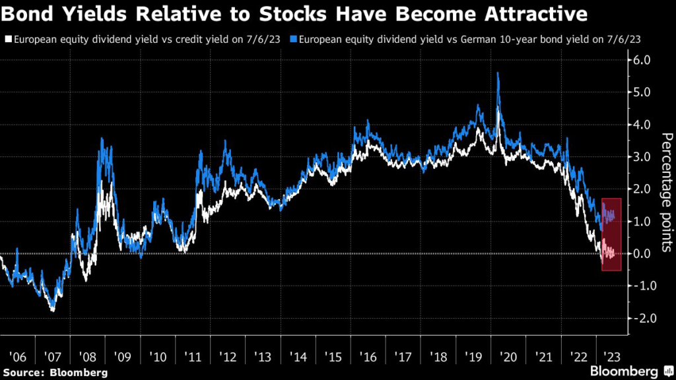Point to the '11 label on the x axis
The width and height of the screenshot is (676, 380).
click(191, 357)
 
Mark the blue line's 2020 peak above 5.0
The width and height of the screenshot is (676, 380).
click(497, 73)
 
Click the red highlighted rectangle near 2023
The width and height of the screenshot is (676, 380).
click(611, 234)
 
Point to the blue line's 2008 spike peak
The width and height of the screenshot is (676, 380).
click(102, 138)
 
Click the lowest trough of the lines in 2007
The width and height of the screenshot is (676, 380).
click(52, 310)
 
